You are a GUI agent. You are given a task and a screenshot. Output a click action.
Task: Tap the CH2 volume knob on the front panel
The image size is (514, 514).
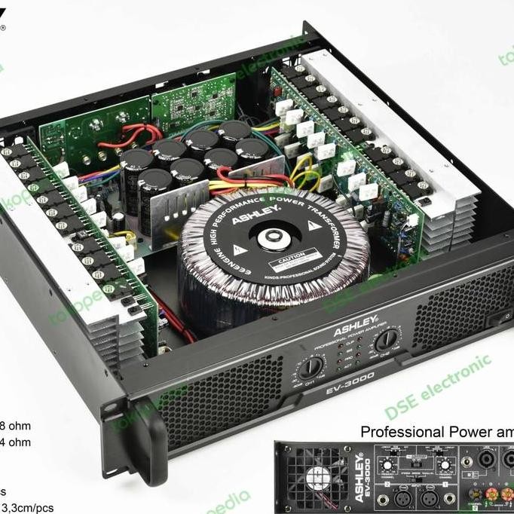tap(387, 340)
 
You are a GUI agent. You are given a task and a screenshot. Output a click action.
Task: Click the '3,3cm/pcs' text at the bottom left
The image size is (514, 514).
tap(27, 507)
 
